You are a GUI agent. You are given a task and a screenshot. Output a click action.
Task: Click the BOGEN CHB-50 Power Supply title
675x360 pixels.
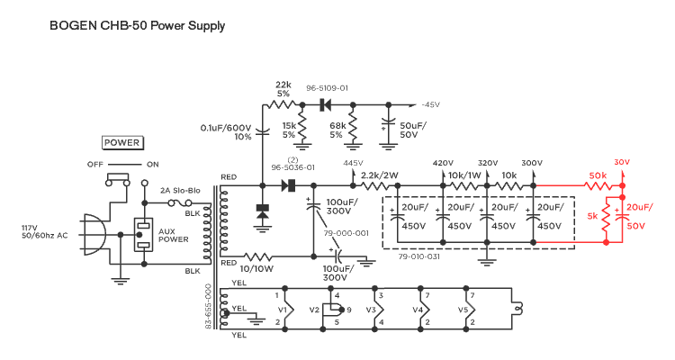[x=137, y=26]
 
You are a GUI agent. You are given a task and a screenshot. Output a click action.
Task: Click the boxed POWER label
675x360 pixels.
[x=121, y=142]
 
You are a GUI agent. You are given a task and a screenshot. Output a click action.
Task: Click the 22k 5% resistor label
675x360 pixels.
[x=283, y=88]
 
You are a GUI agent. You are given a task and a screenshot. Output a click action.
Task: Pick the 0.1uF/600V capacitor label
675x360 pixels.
[x=227, y=132]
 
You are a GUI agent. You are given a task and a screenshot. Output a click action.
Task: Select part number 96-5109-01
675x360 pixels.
[x=327, y=88]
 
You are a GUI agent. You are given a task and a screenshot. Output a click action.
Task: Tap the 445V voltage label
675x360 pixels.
[x=353, y=163]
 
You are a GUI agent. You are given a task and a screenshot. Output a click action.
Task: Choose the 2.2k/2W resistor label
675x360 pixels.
[x=379, y=175]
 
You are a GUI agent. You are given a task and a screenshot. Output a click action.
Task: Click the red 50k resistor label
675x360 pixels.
[x=597, y=175]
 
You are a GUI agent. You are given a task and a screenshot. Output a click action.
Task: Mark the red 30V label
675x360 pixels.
[x=621, y=163]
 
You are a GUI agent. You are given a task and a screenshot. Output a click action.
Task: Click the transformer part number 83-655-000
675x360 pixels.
[x=209, y=306]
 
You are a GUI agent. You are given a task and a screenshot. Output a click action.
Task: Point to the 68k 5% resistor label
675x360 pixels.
[x=337, y=130]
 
